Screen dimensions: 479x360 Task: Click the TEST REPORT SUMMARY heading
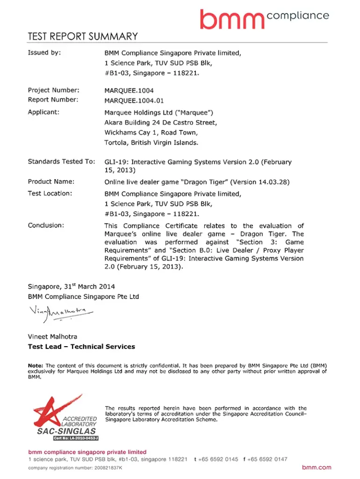[x=83, y=36]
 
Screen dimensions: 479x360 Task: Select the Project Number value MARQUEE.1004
[x=129, y=90]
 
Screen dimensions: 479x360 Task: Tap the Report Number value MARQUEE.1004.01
[x=134, y=100]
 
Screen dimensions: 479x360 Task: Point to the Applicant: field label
[x=43, y=112]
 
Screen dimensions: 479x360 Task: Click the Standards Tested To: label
[x=61, y=162]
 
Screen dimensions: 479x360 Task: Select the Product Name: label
[x=51, y=181]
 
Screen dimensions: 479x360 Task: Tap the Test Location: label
[x=50, y=193]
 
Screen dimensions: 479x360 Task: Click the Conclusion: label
[x=45, y=225]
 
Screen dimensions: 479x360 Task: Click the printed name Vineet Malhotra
[x=53, y=336]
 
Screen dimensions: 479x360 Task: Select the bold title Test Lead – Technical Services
[x=81, y=347]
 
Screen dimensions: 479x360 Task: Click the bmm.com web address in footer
[x=317, y=467]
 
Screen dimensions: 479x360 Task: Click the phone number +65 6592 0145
[x=218, y=459]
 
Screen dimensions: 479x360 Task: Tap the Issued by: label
[x=44, y=53]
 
